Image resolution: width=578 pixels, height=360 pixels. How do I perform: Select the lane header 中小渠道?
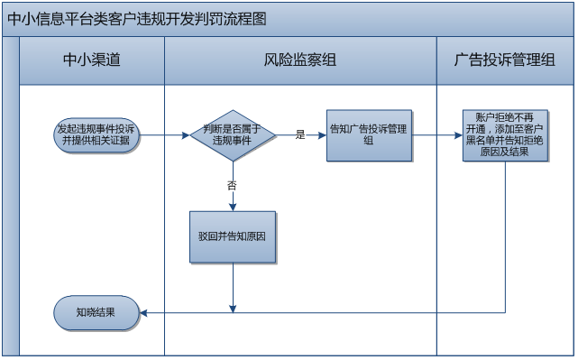(91, 60)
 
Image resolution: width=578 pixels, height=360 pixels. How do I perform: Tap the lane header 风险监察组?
(300, 60)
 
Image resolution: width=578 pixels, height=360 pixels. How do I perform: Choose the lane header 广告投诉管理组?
(505, 60)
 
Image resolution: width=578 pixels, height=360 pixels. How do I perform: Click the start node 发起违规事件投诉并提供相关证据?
(96, 135)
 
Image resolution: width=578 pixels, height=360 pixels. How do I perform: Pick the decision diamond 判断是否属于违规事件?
(232, 135)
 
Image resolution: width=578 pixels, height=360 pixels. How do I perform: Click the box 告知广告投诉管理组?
(368, 134)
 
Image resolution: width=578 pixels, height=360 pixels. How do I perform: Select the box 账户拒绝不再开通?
(506, 135)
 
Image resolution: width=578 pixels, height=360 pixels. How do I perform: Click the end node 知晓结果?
(96, 312)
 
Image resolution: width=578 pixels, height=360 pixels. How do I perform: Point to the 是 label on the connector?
(300, 135)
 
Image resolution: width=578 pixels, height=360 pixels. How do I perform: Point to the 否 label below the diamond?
(232, 184)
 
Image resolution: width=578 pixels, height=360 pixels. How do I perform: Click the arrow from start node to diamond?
(164, 135)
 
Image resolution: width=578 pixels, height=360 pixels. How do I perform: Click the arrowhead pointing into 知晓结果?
(144, 312)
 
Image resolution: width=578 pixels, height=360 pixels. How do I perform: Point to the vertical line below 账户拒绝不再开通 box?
(506, 235)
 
